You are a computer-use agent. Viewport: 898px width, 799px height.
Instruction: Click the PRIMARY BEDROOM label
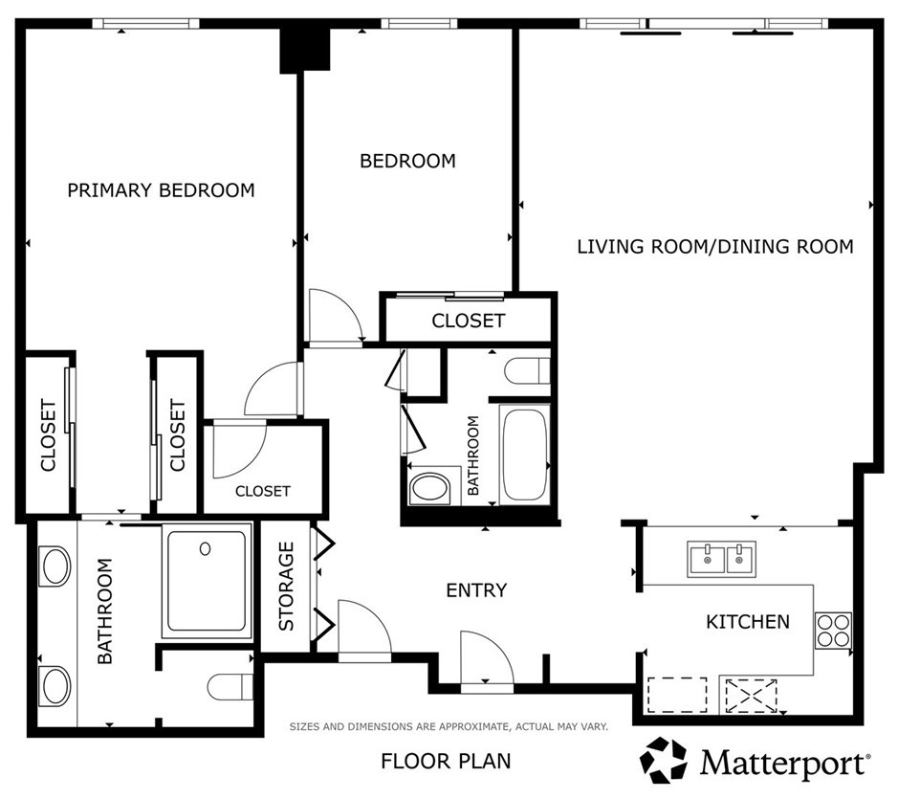tap(161, 190)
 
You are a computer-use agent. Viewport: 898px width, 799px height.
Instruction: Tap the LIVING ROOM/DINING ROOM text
tap(714, 247)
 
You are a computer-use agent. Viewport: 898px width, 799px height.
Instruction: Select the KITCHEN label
tap(748, 622)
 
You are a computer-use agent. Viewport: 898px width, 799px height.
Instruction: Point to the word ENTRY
tap(476, 590)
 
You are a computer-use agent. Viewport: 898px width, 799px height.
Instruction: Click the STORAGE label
tap(286, 587)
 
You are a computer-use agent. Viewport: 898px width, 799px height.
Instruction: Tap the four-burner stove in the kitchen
tap(833, 631)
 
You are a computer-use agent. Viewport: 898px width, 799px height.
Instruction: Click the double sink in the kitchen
tap(722, 559)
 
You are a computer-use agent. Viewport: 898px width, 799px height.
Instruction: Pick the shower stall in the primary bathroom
tap(207, 581)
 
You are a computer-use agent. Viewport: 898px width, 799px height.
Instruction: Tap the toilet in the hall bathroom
tap(528, 371)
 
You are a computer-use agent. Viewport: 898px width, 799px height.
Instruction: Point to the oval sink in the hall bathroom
tap(430, 488)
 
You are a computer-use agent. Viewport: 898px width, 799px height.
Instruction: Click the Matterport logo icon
tap(663, 760)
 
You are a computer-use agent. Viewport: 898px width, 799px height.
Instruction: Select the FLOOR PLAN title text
tap(446, 761)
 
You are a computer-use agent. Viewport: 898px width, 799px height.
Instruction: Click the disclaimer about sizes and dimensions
tap(449, 727)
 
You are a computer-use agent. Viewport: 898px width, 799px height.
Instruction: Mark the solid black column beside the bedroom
tap(305, 51)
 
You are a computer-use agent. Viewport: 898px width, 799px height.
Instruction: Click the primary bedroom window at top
tap(146, 24)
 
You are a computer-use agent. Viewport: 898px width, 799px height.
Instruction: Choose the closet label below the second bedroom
tap(469, 321)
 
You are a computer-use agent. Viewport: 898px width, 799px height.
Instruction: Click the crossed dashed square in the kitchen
tap(752, 696)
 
